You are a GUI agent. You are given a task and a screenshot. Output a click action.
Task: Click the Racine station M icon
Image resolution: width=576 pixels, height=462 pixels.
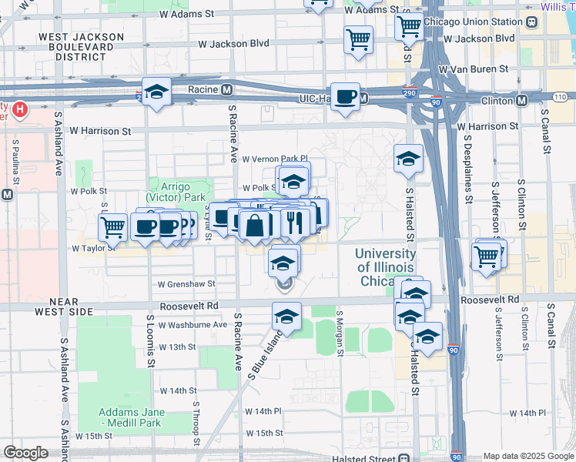(227, 89)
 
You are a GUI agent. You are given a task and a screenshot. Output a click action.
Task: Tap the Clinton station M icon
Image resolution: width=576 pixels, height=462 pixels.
(522, 99)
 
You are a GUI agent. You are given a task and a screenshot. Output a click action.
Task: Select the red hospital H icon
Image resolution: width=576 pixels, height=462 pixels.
(20, 110)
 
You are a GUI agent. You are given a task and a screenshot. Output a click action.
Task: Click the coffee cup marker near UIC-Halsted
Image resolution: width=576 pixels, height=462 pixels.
(346, 97)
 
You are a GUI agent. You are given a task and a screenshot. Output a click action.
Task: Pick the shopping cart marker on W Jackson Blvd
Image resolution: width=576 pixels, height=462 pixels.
(358, 38)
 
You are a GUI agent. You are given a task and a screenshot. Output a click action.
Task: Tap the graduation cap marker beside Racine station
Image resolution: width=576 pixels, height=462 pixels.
(156, 92)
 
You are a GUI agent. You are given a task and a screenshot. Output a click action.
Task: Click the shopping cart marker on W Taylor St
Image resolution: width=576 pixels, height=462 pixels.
(112, 227)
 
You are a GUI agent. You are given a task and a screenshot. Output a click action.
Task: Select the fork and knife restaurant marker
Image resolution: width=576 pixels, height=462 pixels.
(295, 223)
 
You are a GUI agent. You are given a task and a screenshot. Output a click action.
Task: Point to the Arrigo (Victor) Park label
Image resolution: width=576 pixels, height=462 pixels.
(176, 192)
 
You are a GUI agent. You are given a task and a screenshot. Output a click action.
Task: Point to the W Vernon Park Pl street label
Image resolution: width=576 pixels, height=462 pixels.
(275, 159)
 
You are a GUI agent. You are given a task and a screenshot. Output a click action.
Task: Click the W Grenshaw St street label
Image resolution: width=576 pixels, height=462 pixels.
(188, 284)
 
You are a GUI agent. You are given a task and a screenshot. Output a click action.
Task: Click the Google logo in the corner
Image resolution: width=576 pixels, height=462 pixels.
(26, 453)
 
